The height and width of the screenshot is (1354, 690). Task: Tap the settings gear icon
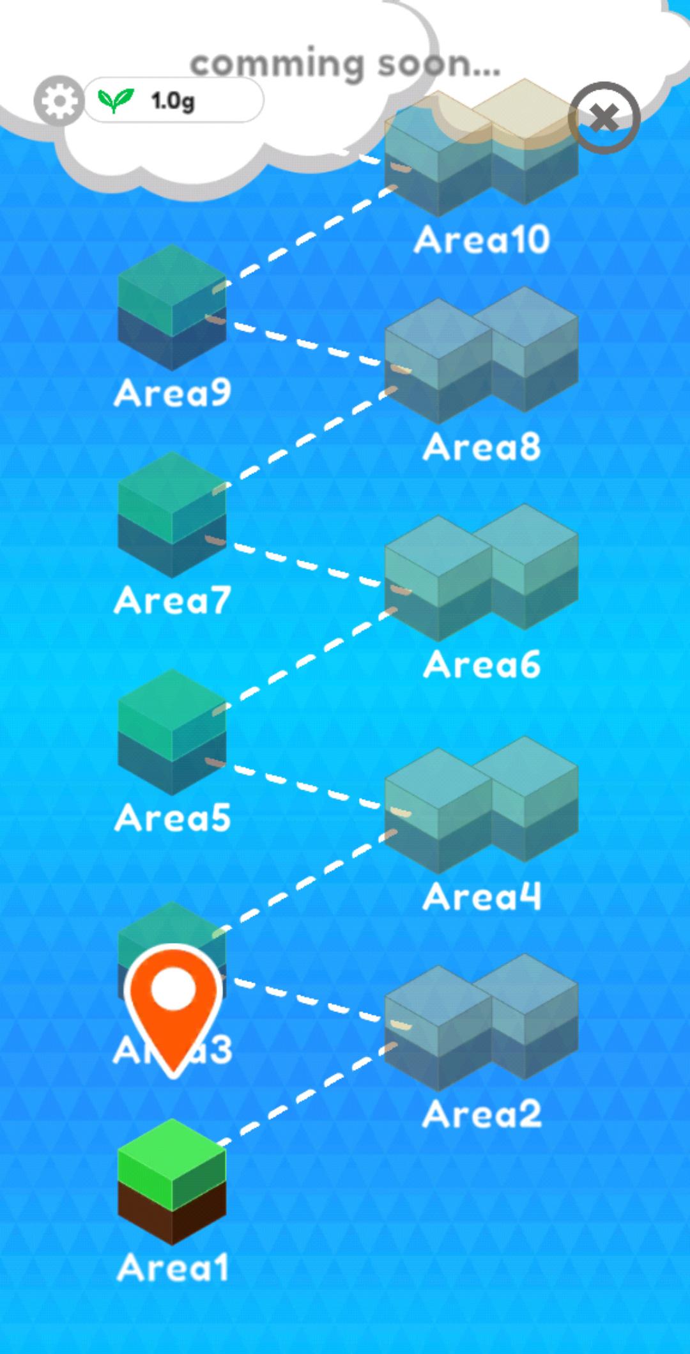tap(58, 100)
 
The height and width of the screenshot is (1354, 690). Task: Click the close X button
tap(604, 118)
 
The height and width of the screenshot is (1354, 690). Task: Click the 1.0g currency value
tap(172, 100)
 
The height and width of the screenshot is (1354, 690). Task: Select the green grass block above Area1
tap(172, 1181)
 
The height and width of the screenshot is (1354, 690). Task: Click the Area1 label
tap(172, 1267)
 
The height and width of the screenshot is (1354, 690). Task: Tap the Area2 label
tap(482, 1114)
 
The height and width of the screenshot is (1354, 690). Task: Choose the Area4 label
tap(482, 896)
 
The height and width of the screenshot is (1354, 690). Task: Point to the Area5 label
tap(172, 818)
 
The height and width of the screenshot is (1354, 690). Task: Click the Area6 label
tap(482, 665)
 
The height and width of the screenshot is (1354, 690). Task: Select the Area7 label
tap(172, 601)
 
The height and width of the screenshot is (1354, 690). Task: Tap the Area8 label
tap(482, 447)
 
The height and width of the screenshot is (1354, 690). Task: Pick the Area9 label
tap(172, 392)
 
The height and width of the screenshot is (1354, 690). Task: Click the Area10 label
tap(482, 240)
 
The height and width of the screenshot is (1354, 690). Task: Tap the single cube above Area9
tap(172, 307)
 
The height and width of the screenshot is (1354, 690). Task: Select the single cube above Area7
tap(172, 515)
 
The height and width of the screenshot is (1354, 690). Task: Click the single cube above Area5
tap(172, 732)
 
